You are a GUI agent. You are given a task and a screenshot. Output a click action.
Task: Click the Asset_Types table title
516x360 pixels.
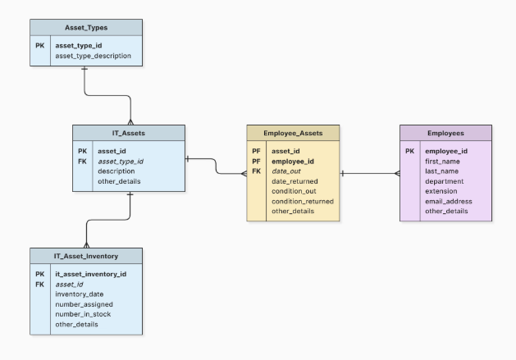pos(86,28)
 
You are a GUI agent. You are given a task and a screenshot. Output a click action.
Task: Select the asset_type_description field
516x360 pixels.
pos(94,56)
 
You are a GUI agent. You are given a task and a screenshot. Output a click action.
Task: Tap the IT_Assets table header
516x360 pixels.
pos(129,133)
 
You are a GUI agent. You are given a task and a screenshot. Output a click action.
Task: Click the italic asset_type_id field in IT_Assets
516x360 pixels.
pos(121,162)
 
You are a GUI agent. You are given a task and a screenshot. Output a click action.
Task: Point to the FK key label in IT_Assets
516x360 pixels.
pos(82,162)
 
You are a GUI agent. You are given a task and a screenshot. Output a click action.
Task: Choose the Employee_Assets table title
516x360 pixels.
pos(293,134)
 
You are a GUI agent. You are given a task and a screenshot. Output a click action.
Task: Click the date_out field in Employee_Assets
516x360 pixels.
pos(286,171)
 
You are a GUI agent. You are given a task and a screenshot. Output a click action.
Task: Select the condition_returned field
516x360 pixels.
pos(303,202)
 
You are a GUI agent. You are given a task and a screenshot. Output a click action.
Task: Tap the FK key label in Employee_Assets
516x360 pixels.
pos(256,171)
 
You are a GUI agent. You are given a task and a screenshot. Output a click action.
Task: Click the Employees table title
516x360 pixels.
pos(445,134)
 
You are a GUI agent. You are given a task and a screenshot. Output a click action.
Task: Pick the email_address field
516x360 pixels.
pos(449,202)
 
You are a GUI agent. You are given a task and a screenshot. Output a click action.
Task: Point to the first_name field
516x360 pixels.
pos(442,162)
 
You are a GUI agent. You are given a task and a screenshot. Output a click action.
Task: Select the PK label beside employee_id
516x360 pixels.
pos(409,151)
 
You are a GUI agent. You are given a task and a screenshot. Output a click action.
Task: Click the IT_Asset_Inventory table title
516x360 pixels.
pos(86,256)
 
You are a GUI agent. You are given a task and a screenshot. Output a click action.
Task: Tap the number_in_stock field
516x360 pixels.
pos(83,314)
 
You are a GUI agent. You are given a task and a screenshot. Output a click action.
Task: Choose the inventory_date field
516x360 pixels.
pos(80,294)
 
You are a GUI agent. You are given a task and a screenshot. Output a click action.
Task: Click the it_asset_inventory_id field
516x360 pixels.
pos(91,274)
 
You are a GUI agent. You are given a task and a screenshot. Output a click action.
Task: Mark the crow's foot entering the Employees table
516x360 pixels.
pos(397,173)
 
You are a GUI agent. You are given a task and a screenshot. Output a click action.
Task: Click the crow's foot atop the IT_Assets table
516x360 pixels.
pos(130,122)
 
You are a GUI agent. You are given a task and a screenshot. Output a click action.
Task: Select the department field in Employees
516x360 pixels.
pos(445,181)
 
